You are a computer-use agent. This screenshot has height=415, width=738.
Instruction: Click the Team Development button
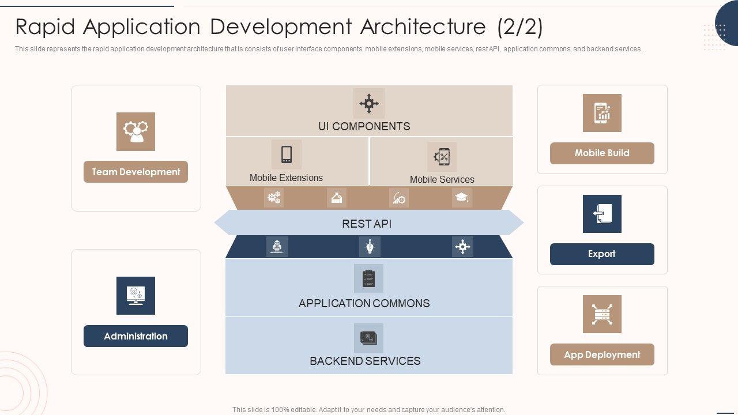[135, 172]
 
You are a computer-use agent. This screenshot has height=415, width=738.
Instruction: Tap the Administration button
[135, 336]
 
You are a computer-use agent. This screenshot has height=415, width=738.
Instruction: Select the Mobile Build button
[602, 153]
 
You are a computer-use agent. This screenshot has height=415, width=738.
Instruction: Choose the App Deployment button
[602, 354]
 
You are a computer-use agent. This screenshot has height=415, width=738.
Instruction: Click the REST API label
[367, 224]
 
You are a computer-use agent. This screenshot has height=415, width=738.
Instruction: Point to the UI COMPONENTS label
[364, 126]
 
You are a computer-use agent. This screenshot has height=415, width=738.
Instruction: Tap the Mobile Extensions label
[286, 178]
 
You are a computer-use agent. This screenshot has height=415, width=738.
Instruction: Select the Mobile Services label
[442, 179]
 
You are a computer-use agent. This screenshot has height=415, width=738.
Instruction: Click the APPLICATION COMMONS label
[364, 303]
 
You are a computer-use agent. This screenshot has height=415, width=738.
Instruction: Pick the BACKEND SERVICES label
[365, 361]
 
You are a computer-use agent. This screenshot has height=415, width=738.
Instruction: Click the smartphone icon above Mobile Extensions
[287, 154]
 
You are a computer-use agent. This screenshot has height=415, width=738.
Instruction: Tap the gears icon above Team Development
[135, 131]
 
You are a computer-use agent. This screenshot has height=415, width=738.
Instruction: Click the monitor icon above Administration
[135, 296]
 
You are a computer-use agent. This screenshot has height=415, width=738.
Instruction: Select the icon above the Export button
[602, 214]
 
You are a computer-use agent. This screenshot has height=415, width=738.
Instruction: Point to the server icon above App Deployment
[602, 314]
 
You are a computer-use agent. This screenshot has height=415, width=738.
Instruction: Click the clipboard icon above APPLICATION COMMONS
[368, 279]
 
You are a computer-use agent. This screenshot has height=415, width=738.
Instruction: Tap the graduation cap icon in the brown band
[461, 198]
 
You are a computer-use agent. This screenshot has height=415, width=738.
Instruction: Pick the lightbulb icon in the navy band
[370, 247]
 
